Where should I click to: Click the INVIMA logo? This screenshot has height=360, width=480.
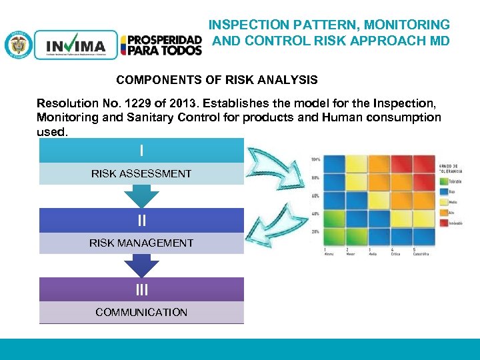pos(75,45)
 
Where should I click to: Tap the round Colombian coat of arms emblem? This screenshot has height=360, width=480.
pos(18,45)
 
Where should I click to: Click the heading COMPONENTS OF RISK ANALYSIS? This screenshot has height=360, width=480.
pos(217,80)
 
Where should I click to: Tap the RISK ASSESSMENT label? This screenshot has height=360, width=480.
pos(141,173)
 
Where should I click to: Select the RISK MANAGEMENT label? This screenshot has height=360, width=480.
pos(141,243)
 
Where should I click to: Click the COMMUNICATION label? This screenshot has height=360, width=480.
pos(141,312)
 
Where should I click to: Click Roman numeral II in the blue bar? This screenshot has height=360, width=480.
pos(141,221)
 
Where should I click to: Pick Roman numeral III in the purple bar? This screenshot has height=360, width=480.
pos(141,289)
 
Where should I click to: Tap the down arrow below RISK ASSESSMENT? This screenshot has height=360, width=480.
pos(141,195)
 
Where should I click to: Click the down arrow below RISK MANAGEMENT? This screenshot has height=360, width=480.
pos(141,265)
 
